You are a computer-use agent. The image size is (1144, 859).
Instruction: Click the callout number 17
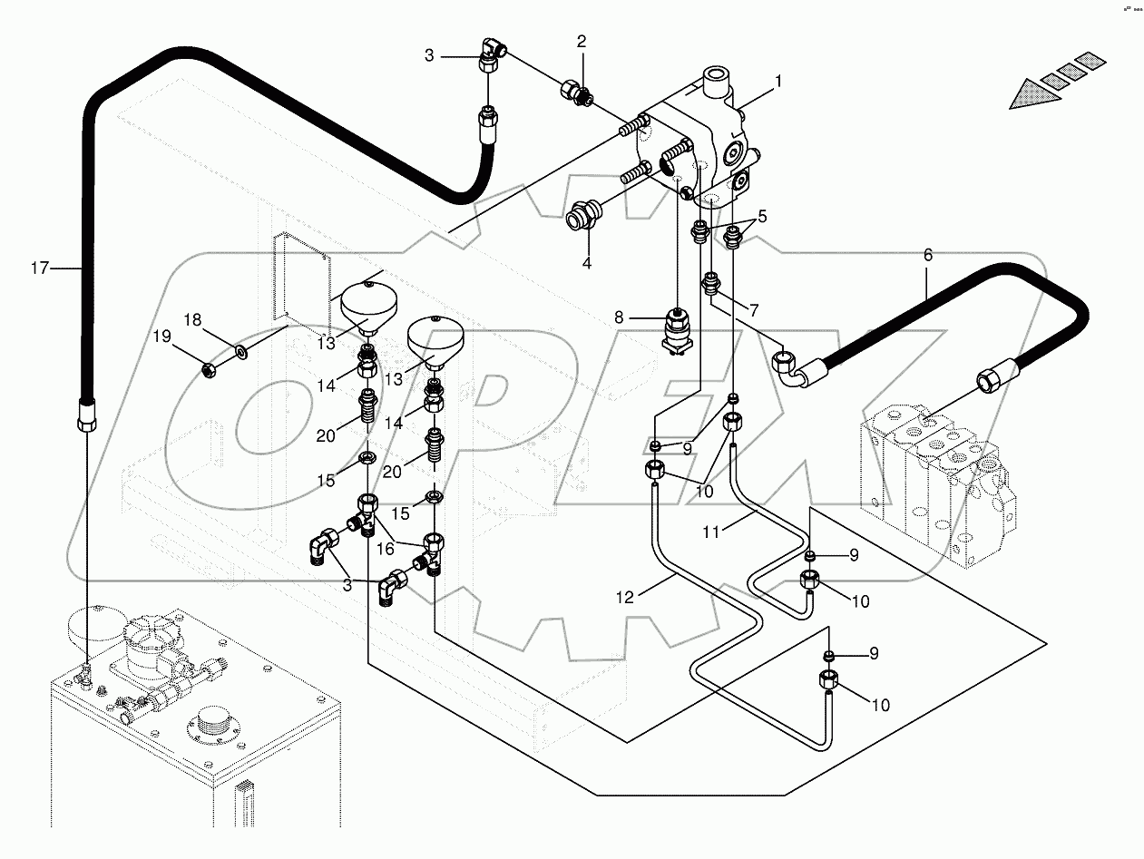click(38, 268)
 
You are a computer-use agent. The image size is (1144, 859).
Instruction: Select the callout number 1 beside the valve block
click(777, 81)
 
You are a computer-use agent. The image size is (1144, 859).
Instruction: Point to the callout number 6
click(927, 256)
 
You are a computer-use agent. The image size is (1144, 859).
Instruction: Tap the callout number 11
click(712, 533)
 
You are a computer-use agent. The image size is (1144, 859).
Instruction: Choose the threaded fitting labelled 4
click(578, 219)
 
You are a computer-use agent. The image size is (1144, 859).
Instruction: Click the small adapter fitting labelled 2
click(575, 91)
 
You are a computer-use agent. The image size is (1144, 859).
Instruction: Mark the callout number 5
click(763, 216)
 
